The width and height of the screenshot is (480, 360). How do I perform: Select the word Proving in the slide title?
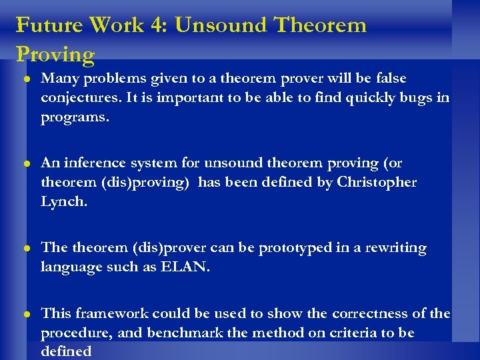coord(55,54)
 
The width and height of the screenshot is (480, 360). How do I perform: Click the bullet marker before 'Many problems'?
coord(24,79)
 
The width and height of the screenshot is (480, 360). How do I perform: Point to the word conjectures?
coord(77,98)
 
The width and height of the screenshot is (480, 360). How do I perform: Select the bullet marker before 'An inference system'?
coord(24,163)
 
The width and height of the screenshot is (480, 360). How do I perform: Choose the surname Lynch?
coord(63,201)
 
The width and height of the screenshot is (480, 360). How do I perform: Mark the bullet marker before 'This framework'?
coord(24,314)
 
